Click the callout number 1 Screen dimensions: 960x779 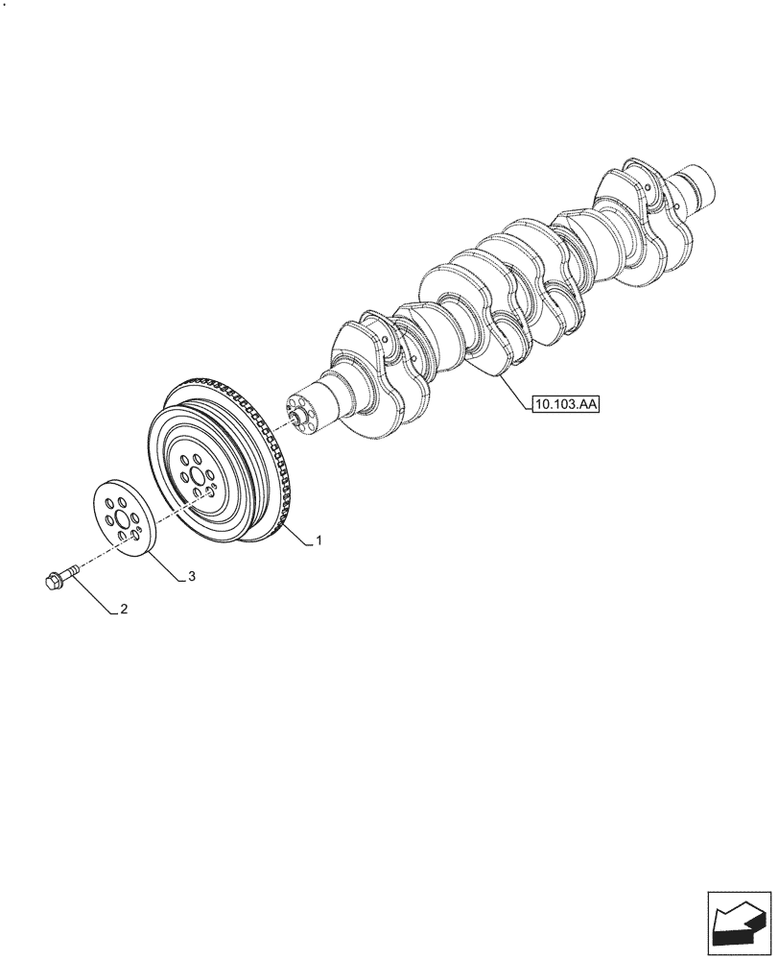pyautogui.click(x=319, y=541)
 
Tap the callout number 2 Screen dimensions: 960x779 pyautogui.click(x=124, y=609)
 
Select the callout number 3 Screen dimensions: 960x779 pyautogui.click(x=192, y=576)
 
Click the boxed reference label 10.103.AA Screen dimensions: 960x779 pyautogui.click(x=566, y=406)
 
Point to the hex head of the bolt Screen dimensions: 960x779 pyautogui.click(x=53, y=580)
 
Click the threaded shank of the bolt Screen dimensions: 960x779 pyautogui.click(x=68, y=572)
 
